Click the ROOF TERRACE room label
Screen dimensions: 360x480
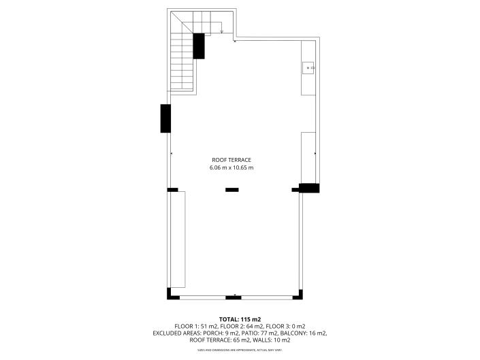(x=231, y=160)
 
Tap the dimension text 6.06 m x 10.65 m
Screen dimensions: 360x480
(x=231, y=167)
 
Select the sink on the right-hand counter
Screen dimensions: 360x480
(x=308, y=67)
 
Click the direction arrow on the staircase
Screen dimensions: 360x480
(x=222, y=31)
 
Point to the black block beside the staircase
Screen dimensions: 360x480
(x=199, y=46)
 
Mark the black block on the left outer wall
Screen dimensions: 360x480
(x=165, y=118)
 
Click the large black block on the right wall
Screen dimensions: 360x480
(x=309, y=188)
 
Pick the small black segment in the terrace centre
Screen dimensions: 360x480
(x=232, y=190)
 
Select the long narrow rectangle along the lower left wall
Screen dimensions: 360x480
(x=178, y=239)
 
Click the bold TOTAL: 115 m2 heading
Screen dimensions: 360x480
(x=240, y=318)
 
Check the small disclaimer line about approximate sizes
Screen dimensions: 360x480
(x=240, y=350)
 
